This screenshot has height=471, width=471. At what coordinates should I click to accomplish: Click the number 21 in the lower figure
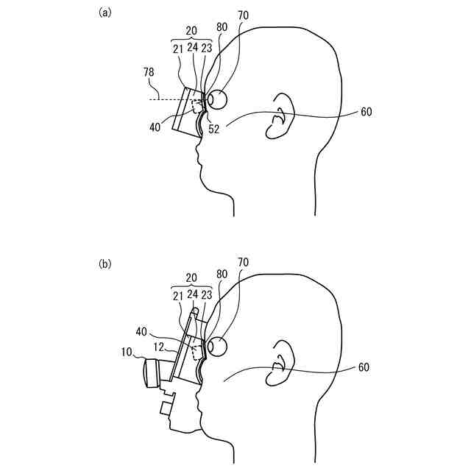[178, 296]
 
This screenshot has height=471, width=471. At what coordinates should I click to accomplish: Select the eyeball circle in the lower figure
[219, 345]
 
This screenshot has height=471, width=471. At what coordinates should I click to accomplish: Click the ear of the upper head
[280, 116]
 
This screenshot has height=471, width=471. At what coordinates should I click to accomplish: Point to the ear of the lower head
[280, 364]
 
